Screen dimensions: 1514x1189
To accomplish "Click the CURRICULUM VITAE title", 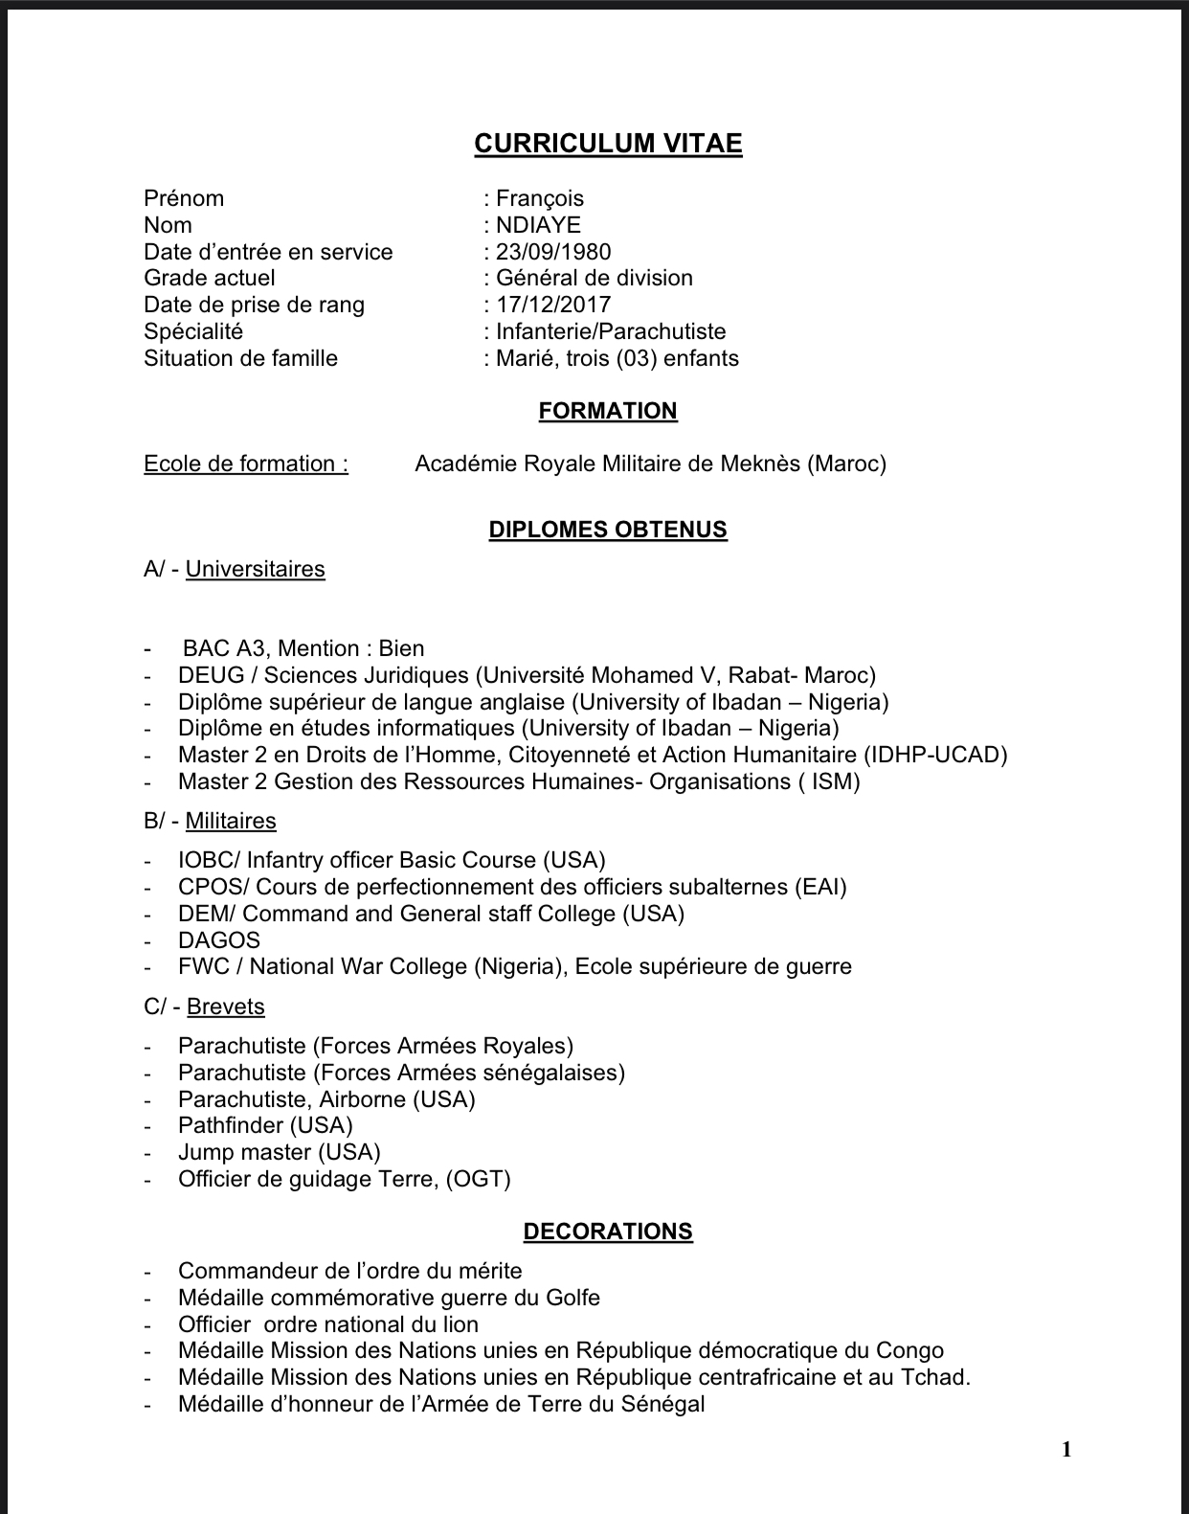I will tap(608, 144).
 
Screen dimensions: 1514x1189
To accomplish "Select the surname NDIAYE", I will tap(538, 225).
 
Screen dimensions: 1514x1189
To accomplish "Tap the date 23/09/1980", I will tap(553, 252).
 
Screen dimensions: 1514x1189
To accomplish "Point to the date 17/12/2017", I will tap(553, 305).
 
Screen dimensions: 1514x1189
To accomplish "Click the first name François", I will tap(540, 198).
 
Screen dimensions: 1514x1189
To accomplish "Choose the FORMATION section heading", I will tap(608, 411).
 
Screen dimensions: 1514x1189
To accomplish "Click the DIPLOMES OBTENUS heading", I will tap(608, 530).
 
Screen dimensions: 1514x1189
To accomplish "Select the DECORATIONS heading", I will tap(608, 1232).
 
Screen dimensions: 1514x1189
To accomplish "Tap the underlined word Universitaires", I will tap(256, 569).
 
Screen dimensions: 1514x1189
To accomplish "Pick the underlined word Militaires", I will tap(231, 821).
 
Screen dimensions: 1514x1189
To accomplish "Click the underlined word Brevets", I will tap(226, 1006).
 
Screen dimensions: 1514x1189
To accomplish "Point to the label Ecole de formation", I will tap(246, 463).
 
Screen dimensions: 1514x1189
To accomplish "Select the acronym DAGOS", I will tap(219, 940).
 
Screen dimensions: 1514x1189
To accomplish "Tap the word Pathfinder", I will tap(231, 1125).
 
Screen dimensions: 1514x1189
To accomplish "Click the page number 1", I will tap(1066, 1450).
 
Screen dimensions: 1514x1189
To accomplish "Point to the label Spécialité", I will tap(193, 331).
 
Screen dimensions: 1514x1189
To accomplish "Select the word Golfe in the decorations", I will tap(572, 1298).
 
